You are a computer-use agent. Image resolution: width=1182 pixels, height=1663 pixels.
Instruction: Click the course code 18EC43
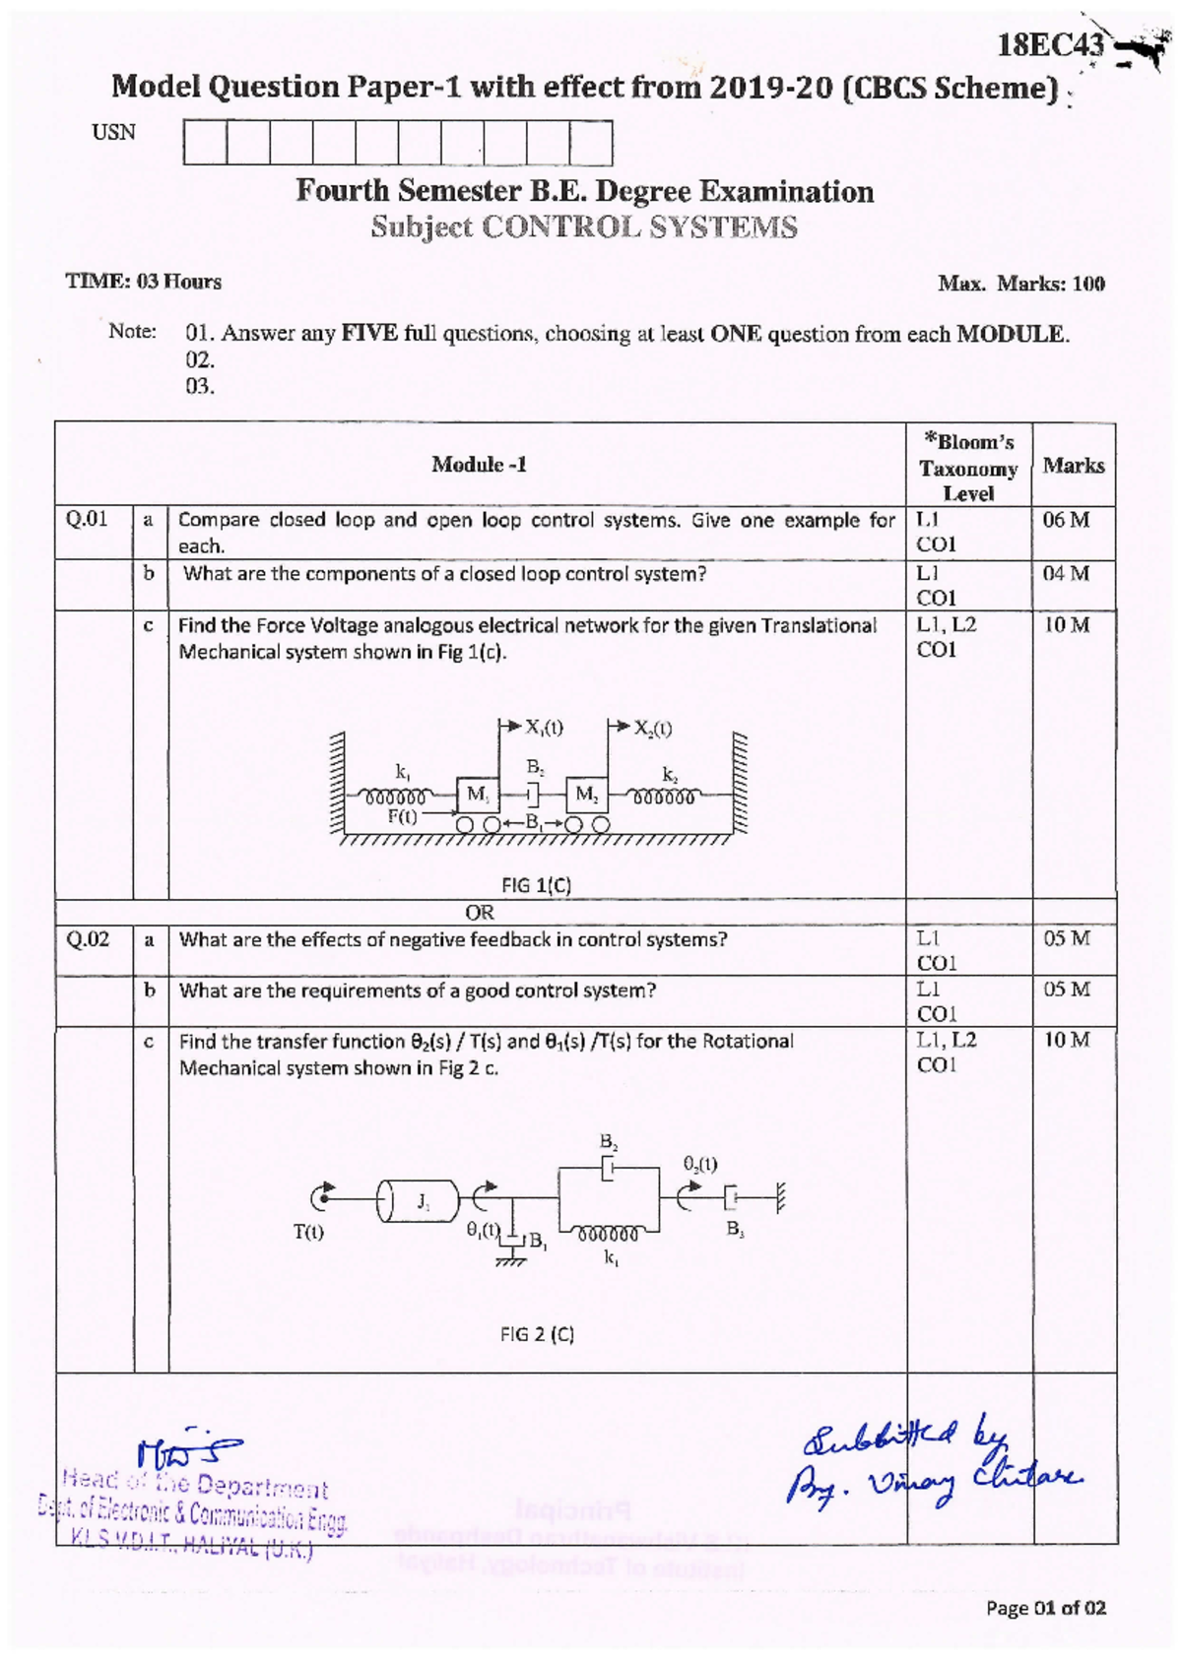1050,44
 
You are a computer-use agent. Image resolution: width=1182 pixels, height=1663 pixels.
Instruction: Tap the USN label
113,133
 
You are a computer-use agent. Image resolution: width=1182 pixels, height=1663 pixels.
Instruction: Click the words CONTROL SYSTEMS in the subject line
639,227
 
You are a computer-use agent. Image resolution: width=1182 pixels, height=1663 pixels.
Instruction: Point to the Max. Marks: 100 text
1020,284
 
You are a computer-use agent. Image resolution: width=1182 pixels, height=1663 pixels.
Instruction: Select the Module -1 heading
479,464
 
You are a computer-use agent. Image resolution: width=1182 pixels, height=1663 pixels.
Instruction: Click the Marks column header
1073,466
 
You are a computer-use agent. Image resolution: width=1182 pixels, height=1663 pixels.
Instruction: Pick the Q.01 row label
87,519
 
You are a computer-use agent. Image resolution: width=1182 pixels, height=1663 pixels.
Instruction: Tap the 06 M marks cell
1066,520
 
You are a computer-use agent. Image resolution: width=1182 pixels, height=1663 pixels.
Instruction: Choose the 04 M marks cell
1066,573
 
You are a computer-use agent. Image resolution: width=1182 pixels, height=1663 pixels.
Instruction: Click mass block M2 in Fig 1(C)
586,794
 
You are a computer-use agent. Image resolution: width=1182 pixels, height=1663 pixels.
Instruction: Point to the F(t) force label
402,816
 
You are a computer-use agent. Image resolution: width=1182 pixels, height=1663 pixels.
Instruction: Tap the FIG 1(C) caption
536,884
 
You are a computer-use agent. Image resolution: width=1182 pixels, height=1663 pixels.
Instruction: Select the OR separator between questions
479,913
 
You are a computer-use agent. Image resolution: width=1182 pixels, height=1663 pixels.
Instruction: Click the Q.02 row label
87,939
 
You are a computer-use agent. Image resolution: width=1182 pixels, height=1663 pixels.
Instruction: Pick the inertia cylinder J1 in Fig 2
420,1200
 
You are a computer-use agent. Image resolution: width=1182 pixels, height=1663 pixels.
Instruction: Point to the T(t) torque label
308,1232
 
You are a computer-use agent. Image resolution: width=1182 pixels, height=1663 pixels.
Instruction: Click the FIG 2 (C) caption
537,1334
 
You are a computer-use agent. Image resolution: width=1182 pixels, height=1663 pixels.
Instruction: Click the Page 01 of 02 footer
1045,1608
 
